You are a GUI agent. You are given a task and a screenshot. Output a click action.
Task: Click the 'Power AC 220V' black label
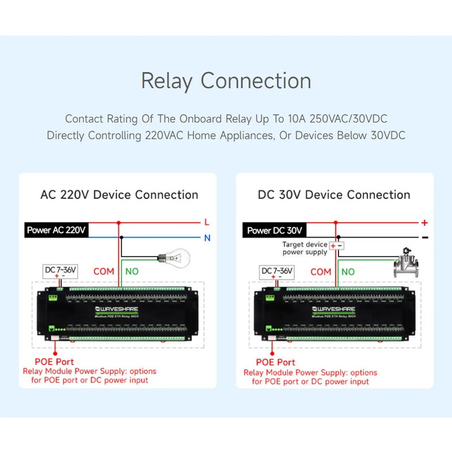pos(56,230)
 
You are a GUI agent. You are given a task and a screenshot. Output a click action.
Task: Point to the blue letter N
pos(207,238)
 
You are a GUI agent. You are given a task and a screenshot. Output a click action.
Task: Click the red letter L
pos(207,223)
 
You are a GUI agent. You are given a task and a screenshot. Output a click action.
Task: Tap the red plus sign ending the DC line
pos(424,223)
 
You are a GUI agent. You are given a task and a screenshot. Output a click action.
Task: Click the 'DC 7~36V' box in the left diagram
pos(60,270)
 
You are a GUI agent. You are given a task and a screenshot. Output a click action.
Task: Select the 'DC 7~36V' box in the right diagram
pos(277,271)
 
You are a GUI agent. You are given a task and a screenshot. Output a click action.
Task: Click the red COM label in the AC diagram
pos(104,271)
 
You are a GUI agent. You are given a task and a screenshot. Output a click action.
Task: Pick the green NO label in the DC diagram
pos(348,272)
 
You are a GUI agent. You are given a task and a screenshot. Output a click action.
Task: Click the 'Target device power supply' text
pos(305,248)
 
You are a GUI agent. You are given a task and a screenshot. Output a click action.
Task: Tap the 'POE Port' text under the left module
pos(54,362)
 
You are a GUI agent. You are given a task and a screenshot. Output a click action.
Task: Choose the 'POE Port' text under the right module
pos(276,362)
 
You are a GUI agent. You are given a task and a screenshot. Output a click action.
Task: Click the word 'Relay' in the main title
pos(167,81)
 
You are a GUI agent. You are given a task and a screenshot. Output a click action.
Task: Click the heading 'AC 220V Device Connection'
pos(119,195)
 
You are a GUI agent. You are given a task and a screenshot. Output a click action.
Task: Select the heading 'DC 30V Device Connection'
pos(334,195)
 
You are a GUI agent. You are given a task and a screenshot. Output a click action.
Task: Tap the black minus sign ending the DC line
pos(424,238)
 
